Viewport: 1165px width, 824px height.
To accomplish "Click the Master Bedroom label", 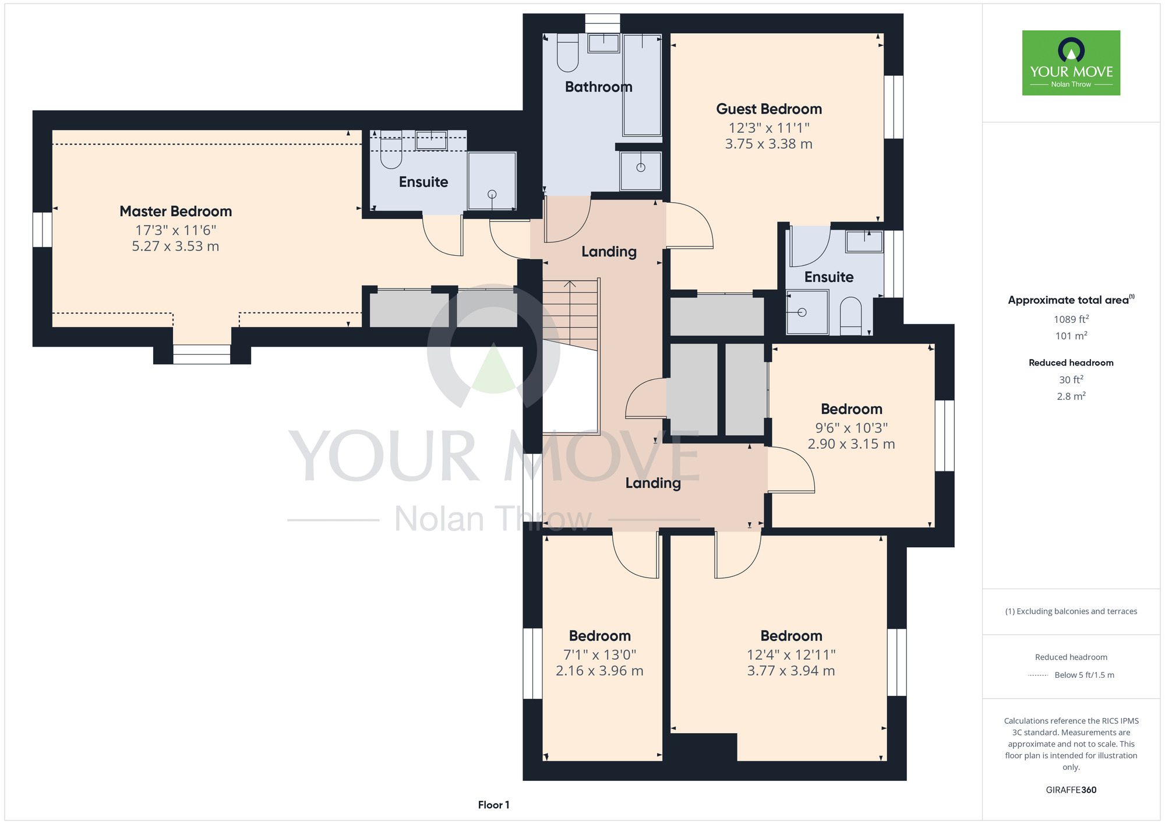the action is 176,211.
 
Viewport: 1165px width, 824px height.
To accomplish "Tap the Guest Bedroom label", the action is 769,109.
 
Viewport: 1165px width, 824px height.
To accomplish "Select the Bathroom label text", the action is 599,87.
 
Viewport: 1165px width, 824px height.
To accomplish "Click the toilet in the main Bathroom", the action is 568,52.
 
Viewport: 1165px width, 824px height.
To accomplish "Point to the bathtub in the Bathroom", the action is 642,84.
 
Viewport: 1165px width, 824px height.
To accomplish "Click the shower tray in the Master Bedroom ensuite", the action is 492,181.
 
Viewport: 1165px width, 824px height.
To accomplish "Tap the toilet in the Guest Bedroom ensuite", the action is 851,316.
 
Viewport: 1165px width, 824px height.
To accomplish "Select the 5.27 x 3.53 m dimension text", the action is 175,247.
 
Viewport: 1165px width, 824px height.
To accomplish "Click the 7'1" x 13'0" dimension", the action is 600,654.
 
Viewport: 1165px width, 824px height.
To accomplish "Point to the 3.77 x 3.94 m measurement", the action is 791,671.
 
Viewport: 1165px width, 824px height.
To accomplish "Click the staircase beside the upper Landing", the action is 571,315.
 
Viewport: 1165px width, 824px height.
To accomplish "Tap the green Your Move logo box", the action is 1071,63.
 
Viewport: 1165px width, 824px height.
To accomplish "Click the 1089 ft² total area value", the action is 1071,319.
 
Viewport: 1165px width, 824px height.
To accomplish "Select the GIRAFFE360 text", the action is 1071,790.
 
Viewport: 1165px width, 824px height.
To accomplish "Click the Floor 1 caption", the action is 493,805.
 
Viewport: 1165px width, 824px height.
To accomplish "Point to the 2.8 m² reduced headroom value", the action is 1071,396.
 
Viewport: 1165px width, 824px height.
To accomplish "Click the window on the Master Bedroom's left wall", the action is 42,230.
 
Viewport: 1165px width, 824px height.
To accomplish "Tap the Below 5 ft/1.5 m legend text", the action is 1084,675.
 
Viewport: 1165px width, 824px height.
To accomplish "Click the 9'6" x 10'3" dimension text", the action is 852,428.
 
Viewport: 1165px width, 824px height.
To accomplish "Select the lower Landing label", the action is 653,483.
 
